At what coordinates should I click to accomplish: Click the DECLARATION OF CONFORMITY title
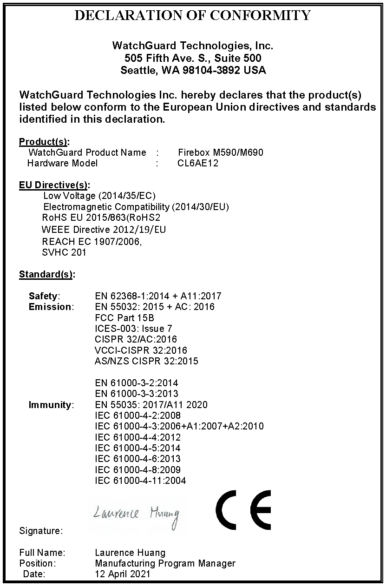[193, 15]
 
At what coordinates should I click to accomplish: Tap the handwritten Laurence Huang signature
[136, 514]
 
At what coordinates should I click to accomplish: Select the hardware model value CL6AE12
[198, 163]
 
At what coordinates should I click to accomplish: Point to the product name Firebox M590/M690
[221, 152]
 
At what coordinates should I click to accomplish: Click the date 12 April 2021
[123, 574]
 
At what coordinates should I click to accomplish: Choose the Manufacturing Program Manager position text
[165, 563]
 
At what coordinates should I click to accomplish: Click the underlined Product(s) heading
[44, 142]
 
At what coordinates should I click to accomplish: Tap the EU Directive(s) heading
[54, 185]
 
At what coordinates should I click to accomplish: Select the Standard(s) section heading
[46, 274]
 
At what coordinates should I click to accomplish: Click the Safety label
[44, 296]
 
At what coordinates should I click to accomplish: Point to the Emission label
[51, 307]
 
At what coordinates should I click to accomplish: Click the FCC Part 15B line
[124, 318]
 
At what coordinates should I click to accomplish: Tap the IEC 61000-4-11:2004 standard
[140, 481]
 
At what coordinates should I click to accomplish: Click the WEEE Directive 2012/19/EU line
[104, 230]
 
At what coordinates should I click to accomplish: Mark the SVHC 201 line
[64, 253]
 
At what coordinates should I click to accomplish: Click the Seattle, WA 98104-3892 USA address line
[193, 71]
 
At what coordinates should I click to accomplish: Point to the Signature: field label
[41, 530]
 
